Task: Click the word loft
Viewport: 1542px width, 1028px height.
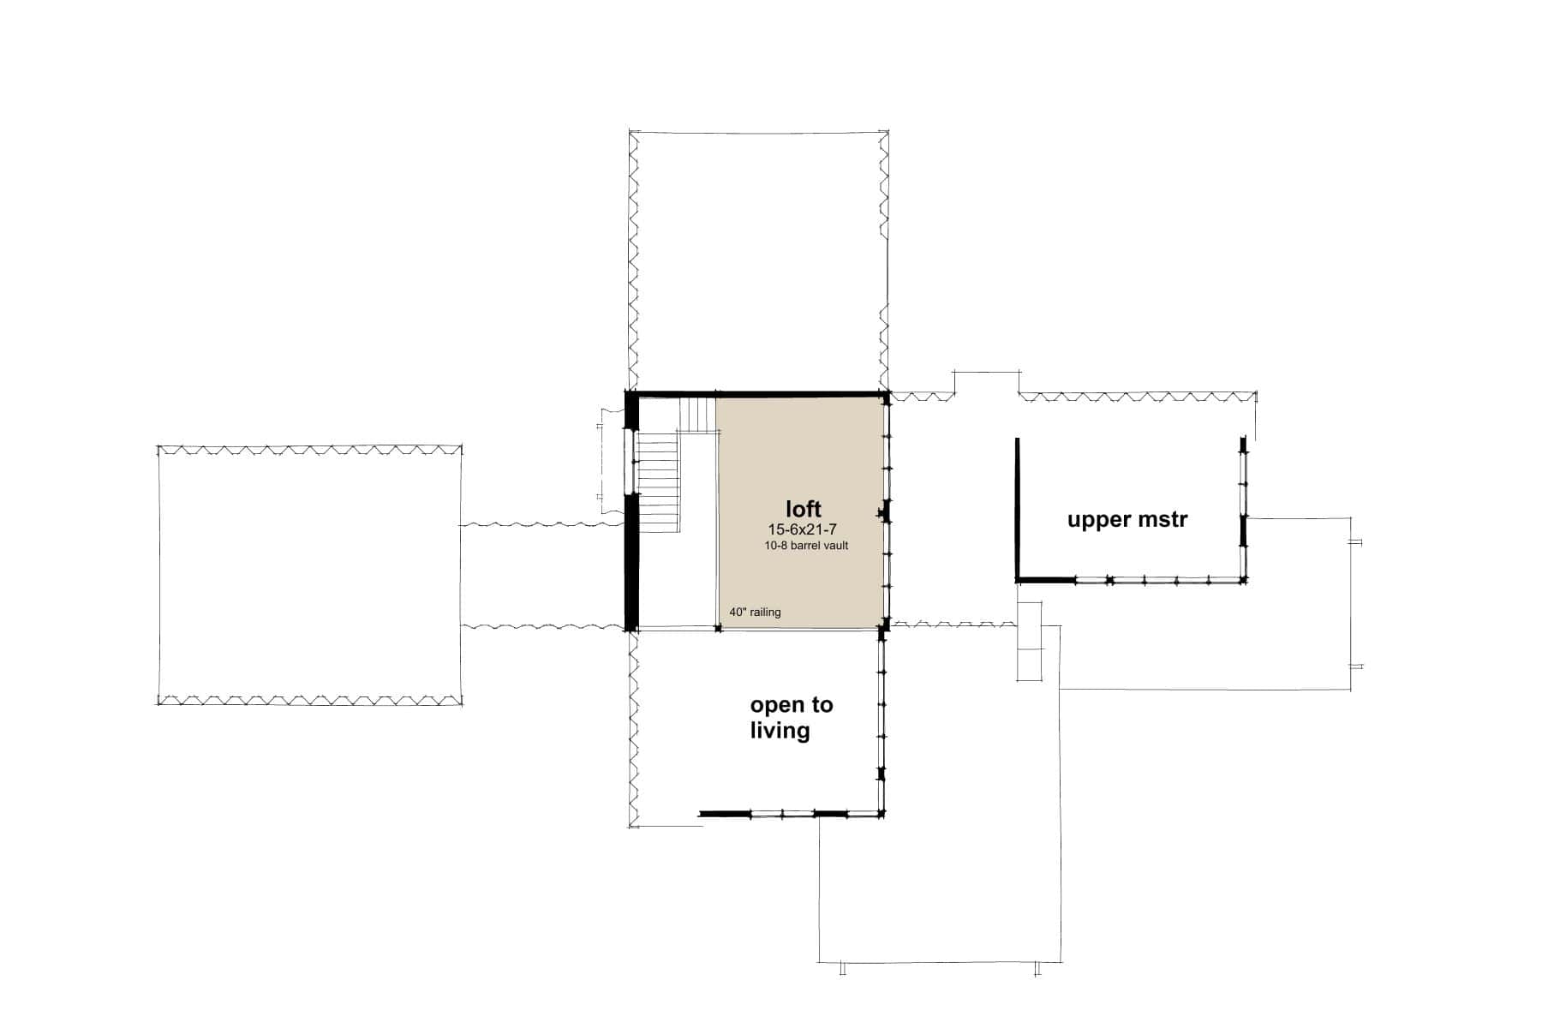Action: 803,509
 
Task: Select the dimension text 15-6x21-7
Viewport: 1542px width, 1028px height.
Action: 802,530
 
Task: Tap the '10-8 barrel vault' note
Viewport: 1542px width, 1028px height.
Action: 806,546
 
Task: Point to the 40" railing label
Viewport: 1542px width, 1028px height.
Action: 755,613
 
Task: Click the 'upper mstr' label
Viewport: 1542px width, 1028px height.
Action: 1127,519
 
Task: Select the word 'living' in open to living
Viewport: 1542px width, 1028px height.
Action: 780,731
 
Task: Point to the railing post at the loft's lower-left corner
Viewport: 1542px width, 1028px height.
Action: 718,629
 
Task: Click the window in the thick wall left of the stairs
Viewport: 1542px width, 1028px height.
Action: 631,462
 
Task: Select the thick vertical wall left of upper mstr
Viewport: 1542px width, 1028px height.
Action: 1017,509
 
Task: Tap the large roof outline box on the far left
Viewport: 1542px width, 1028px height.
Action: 309,576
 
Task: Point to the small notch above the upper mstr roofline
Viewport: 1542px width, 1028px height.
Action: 987,382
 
